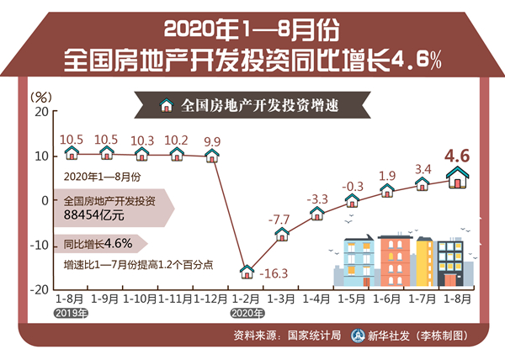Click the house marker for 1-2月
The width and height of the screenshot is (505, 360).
(247, 271)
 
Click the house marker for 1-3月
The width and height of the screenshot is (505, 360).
(283, 233)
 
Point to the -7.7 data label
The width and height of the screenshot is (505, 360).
(279, 219)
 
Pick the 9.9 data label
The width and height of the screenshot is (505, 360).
(212, 141)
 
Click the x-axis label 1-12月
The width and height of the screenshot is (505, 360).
(211, 298)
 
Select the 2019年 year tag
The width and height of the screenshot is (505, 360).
(71, 312)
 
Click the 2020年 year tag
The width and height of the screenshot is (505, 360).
(247, 312)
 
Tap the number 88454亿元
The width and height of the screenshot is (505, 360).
(94, 216)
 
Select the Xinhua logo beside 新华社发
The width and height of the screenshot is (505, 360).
(357, 335)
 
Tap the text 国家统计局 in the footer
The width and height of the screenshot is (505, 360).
(314, 335)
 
